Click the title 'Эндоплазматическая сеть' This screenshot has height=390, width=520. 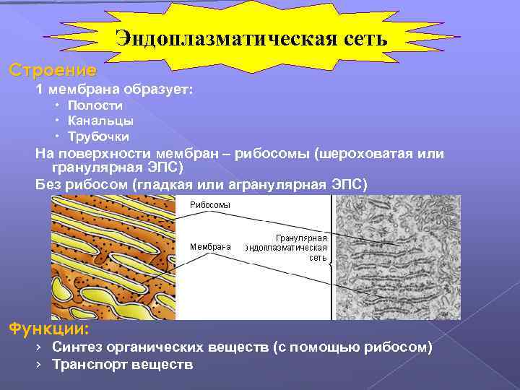tap(252, 38)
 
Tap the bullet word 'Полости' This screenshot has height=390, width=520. tap(96, 105)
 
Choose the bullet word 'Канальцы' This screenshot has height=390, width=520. tap(100, 121)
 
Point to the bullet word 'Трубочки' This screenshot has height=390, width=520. tap(99, 136)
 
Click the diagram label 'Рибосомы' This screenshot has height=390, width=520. tap(210, 205)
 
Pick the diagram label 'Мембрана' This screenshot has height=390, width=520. tap(210, 246)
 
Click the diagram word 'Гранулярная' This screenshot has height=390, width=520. tap(302, 238)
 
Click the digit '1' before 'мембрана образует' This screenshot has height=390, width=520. tap(40, 90)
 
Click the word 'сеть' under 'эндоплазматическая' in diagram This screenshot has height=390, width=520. tap(318, 258)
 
